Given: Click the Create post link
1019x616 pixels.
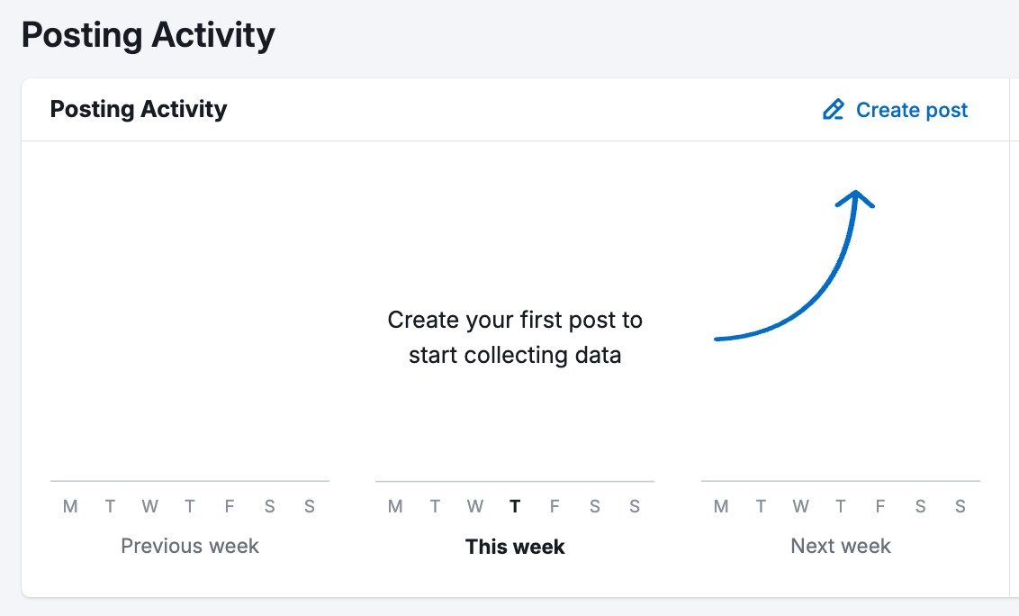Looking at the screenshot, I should [911, 110].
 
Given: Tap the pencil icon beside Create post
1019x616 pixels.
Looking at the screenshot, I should [834, 110].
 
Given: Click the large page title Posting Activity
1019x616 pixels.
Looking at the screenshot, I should [148, 36].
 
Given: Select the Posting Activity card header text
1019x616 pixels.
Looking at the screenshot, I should [139, 109].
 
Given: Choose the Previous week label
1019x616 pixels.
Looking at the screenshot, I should [190, 546].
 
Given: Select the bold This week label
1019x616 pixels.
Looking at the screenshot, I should [515, 547].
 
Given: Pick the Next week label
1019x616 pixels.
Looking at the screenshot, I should [841, 546].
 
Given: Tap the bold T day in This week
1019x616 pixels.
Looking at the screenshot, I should [515, 506].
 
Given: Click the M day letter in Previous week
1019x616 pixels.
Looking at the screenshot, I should [70, 506].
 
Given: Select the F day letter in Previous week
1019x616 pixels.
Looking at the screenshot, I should [230, 506].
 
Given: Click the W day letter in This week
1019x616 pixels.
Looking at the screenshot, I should [475, 506].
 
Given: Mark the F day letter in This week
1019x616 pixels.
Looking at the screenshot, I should [555, 506].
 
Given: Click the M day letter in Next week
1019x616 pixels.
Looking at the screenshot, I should [721, 506].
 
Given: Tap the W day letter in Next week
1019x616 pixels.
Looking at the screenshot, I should [800, 506].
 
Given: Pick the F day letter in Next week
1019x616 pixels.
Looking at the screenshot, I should [880, 506].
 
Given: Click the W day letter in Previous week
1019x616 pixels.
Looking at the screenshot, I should [149, 506].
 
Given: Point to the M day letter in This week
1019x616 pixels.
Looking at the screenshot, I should [395, 506].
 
